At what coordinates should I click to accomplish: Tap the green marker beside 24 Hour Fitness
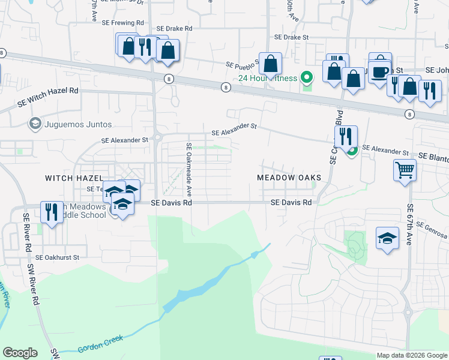pos(307,77)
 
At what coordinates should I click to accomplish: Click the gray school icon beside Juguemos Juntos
pos(35,124)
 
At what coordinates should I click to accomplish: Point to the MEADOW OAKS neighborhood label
pos(289,178)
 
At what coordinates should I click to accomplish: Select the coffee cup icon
pos(379,71)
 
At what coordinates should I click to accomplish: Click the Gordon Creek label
pos(100,344)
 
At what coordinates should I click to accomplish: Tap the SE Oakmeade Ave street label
pos(188,170)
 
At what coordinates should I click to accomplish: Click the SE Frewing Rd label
pos(122,23)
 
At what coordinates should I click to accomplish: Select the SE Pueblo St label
pos(241,64)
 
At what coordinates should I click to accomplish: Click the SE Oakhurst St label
pos(57,257)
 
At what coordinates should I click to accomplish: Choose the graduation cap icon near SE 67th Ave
pos(387,238)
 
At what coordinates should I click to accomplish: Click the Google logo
pos(20,353)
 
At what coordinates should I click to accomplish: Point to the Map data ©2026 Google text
pos(412,355)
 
